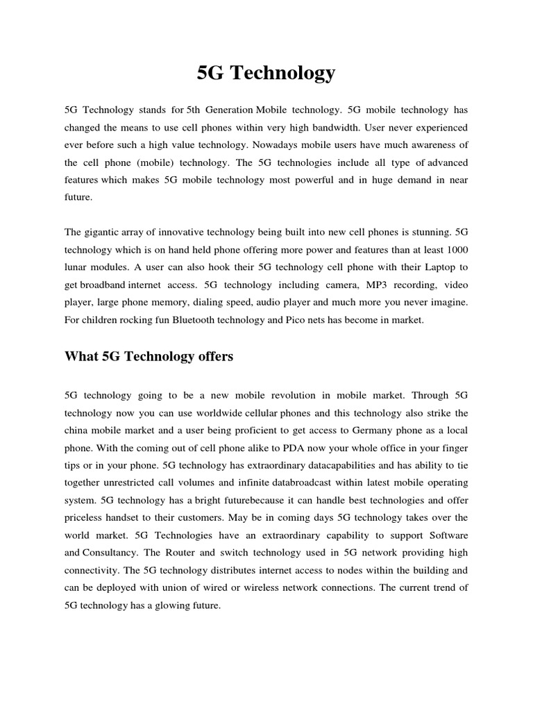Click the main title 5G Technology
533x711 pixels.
tap(266, 73)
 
